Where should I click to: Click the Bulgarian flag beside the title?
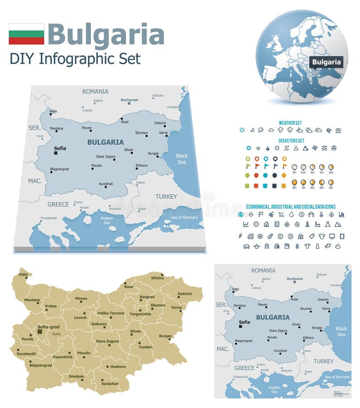(26, 34)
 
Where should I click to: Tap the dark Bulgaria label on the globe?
(326, 62)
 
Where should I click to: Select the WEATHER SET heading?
(290, 123)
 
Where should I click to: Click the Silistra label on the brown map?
(157, 277)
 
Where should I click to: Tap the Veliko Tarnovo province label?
(110, 313)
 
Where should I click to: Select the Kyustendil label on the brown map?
(26, 354)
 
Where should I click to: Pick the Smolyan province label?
(77, 376)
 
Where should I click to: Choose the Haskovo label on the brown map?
(118, 366)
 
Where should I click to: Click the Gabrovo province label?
(99, 324)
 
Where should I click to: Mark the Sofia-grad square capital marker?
(40, 332)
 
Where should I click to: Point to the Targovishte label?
(140, 314)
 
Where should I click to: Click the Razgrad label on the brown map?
(147, 296)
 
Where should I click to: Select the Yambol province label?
(146, 347)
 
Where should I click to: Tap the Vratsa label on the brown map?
(51, 306)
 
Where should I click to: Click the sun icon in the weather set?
(242, 130)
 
